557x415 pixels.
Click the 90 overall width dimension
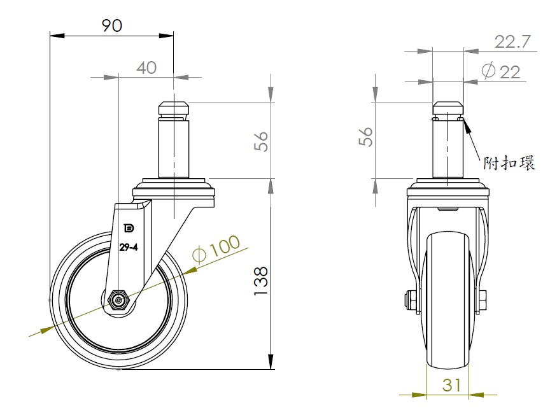[x=112, y=25]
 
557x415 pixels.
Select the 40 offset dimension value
[x=146, y=67]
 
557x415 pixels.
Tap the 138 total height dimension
[x=261, y=281]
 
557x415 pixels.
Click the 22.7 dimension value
[x=512, y=42]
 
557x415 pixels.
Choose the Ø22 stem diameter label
[x=501, y=71]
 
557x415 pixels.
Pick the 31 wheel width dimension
[x=451, y=385]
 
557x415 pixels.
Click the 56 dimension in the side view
[x=261, y=141]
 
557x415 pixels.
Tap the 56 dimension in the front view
[x=365, y=136]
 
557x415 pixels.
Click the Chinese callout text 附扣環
[x=509, y=164]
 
